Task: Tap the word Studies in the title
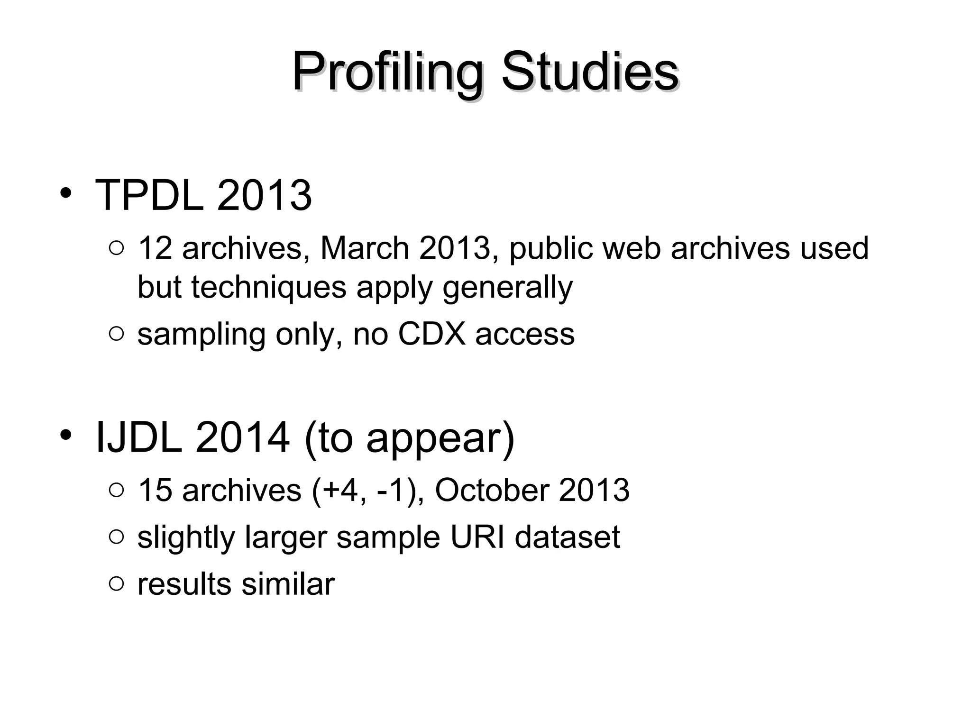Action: pyautogui.click(x=590, y=72)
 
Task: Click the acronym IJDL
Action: pyautogui.click(x=139, y=437)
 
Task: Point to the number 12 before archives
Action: pyautogui.click(x=154, y=248)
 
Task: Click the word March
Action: pyautogui.click(x=365, y=248)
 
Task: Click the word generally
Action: pyautogui.click(x=508, y=288)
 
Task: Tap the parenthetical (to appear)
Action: pyautogui.click(x=409, y=438)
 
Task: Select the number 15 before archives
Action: pyautogui.click(x=154, y=490)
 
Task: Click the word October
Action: pyautogui.click(x=492, y=490)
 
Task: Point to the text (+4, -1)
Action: pyautogui.click(x=368, y=490)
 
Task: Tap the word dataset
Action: pyautogui.click(x=568, y=537)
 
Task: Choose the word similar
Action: pyautogui.click(x=288, y=584)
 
